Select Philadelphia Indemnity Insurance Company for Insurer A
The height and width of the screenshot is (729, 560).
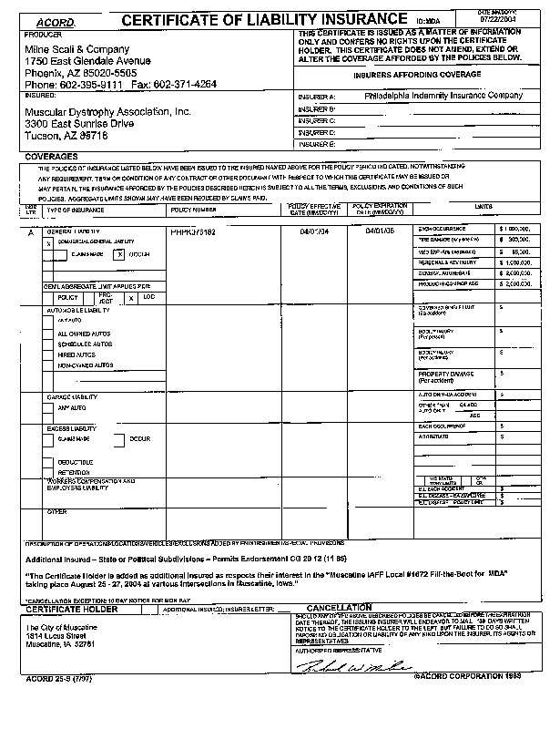(443, 95)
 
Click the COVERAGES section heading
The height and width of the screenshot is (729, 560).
(52, 157)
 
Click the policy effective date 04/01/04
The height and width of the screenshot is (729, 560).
(314, 232)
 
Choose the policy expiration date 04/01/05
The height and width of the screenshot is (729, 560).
(380, 232)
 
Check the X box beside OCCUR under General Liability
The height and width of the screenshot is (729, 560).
(118, 255)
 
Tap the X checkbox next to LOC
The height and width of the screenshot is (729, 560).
(131, 297)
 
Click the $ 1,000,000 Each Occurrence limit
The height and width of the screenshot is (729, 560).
(514, 227)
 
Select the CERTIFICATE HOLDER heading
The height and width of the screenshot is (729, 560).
(68, 609)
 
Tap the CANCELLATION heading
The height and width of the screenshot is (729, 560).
(339, 607)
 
